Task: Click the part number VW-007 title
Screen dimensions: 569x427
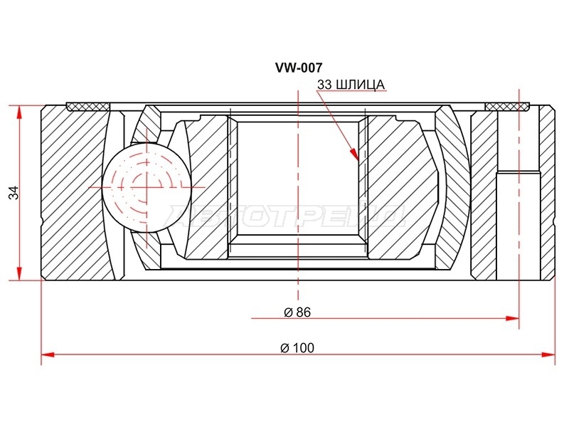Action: (x=299, y=68)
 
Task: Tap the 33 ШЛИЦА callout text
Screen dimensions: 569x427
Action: (x=351, y=85)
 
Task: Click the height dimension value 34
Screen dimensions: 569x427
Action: (x=14, y=192)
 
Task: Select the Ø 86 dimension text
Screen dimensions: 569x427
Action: (x=297, y=312)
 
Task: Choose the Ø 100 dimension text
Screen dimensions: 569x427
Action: (x=297, y=348)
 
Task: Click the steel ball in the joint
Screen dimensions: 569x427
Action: (x=147, y=186)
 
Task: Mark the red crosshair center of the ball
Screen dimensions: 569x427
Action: (x=147, y=186)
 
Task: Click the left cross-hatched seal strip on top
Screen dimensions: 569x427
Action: (x=88, y=106)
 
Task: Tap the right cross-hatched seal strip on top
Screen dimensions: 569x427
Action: (x=507, y=106)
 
